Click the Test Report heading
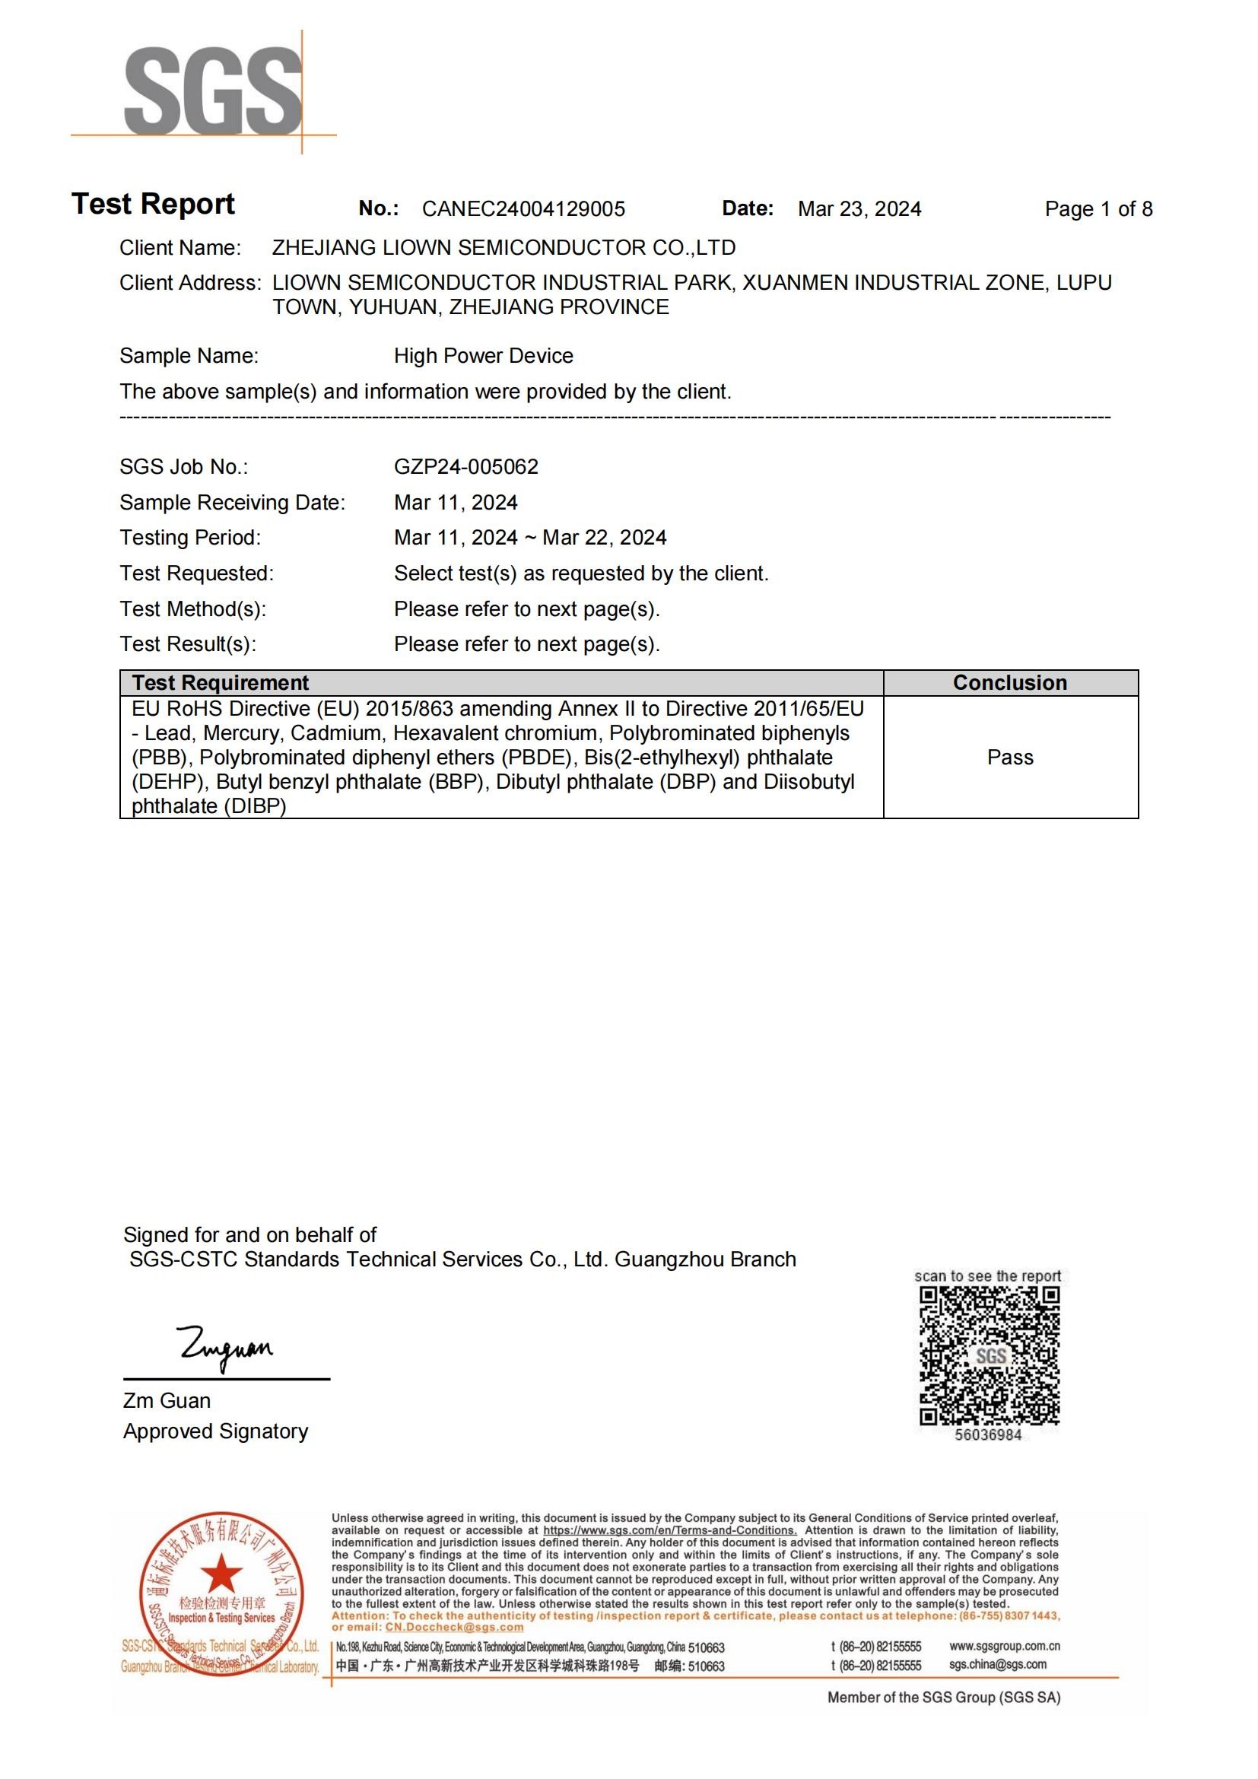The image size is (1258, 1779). tap(153, 204)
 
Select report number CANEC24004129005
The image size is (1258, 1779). tap(523, 209)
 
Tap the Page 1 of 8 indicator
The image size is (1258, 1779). tap(1098, 209)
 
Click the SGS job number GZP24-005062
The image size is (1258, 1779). tap(465, 466)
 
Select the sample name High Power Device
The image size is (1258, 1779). tap(484, 356)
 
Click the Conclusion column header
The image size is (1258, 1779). tap(1009, 682)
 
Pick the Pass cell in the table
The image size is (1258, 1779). tap(1009, 757)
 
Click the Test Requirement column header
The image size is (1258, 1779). tap(220, 682)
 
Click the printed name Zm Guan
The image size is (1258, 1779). tap(167, 1401)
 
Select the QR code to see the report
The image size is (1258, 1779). tap(989, 1356)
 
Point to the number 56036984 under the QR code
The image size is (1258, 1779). tap(988, 1435)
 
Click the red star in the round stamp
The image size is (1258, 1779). tap(221, 1574)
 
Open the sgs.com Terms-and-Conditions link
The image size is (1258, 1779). tap(669, 1530)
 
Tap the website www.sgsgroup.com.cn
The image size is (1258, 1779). tap(1004, 1645)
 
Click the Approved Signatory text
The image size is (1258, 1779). tap(215, 1431)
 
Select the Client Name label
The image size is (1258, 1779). tap(179, 248)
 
